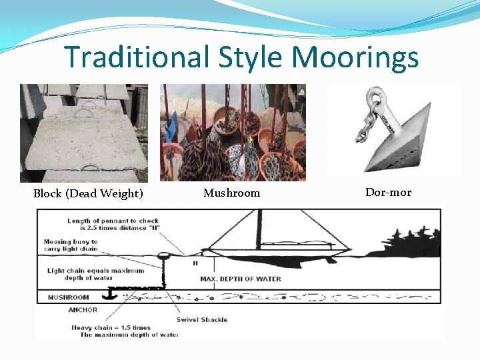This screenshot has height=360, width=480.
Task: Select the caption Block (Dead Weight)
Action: (89, 194)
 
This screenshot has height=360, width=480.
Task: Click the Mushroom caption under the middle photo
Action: (231, 193)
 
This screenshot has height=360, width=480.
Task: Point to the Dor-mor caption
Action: (388, 192)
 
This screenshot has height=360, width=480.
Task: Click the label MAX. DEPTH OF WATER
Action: (241, 279)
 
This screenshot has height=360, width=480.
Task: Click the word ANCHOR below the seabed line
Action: (83, 309)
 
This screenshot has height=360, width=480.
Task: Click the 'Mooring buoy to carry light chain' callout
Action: (71, 245)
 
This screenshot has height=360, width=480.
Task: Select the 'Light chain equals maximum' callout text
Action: (96, 271)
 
